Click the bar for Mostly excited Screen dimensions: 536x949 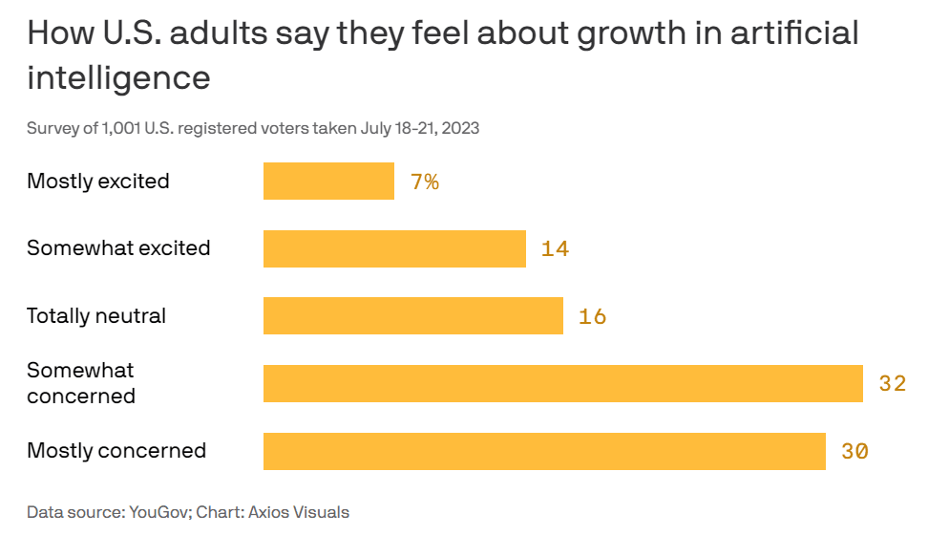coord(328,181)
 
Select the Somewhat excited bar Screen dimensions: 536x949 coord(394,248)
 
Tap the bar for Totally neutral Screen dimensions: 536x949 coord(412,315)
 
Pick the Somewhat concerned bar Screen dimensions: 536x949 coord(562,383)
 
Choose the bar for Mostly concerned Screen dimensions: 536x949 coord(544,451)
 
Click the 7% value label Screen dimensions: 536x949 coord(425,182)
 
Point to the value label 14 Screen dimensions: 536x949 coord(555,249)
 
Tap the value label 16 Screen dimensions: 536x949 coord(592,316)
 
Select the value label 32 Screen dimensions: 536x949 coord(892,384)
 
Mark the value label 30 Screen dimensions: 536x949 coord(854,451)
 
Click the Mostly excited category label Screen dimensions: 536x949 coord(98,181)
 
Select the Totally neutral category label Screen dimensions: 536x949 coord(96,315)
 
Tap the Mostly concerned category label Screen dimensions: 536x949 coord(116,450)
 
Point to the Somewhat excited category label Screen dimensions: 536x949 coord(118,248)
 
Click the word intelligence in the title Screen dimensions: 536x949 coord(118,77)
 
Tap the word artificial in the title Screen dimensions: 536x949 coord(794,33)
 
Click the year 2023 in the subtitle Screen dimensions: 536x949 coord(460,128)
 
